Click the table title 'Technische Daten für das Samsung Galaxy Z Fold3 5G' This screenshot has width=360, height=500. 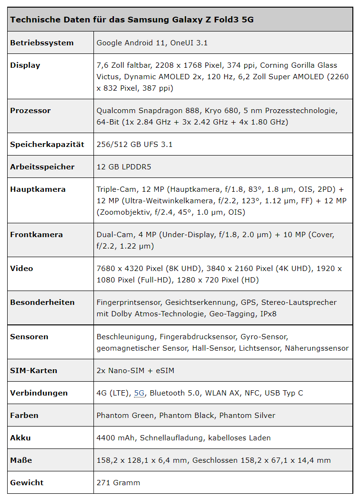point(132,20)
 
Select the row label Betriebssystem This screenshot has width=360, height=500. point(42,43)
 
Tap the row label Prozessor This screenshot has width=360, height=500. point(31,111)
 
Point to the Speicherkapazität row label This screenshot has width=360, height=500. point(47,145)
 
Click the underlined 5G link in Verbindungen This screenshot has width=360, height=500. point(139,393)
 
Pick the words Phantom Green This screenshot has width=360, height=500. point(125,416)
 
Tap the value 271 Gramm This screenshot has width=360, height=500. point(118,483)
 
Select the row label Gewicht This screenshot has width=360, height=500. point(27,483)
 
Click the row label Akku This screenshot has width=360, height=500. point(21,438)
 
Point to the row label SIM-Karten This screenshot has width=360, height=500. point(33,371)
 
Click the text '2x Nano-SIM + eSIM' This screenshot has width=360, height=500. point(134,371)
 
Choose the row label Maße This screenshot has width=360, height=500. point(21,460)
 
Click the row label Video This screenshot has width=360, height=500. point(21,269)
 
